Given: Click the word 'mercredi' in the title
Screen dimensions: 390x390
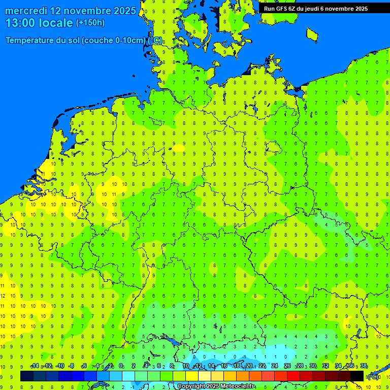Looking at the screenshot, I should click(25, 11).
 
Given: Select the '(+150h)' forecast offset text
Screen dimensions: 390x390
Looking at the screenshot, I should click(90, 23).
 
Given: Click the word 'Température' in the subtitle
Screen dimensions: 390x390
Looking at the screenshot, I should click(30, 41).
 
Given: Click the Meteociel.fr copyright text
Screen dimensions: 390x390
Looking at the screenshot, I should click(216, 386).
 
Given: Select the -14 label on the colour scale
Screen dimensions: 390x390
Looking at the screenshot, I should click(35, 366).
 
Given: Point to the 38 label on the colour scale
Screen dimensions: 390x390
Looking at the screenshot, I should click(363, 366).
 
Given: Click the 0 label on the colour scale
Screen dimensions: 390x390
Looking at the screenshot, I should click(121, 366).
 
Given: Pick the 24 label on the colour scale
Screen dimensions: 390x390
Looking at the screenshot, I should click(275, 366).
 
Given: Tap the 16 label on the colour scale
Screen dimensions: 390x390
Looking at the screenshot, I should click(224, 366).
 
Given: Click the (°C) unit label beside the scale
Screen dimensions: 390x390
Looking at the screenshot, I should click(373, 377).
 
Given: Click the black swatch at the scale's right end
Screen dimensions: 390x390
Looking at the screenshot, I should click(357, 376).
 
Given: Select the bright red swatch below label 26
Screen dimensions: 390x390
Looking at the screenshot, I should click(294, 376).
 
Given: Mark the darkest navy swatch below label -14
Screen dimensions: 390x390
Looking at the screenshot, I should click(27, 376).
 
